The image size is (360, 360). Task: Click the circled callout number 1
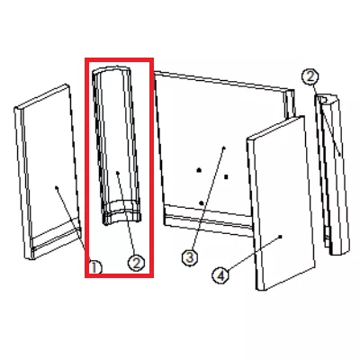point(95,266)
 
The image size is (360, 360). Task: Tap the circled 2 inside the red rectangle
point(136,263)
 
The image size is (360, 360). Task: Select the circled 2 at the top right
point(310,77)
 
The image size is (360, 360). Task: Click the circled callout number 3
point(190,257)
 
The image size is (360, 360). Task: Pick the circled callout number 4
point(220,275)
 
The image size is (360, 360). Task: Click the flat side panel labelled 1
point(48,171)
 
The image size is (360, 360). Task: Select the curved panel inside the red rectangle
point(116,144)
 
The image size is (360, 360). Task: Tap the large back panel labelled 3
point(210,150)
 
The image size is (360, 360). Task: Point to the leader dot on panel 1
point(57,187)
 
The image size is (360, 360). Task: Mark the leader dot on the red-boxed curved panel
point(118,173)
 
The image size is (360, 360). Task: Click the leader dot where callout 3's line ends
point(224,148)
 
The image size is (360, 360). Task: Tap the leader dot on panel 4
point(281,237)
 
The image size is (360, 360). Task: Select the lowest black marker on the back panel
point(202,203)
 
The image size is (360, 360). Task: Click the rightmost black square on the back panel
point(227,176)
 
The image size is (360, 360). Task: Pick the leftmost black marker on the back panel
point(199,170)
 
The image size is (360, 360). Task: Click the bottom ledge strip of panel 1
point(57,240)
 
